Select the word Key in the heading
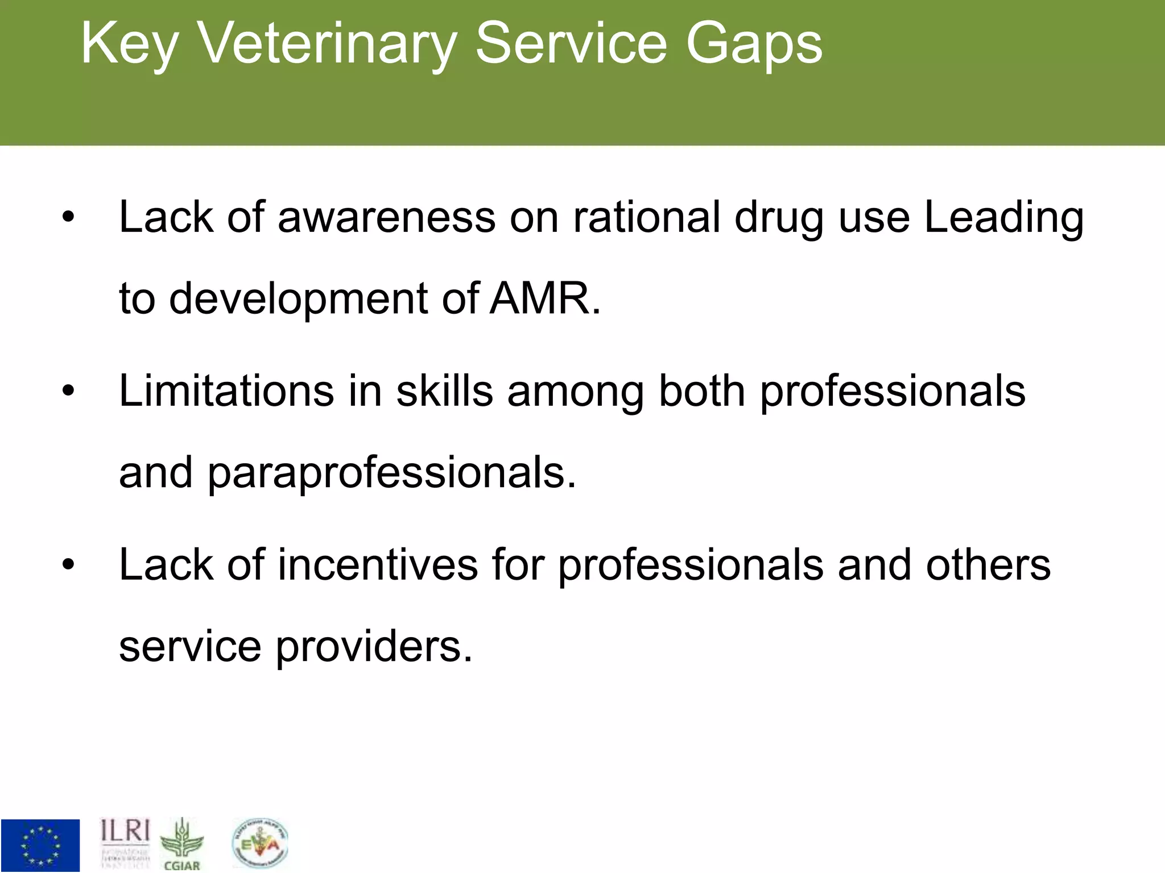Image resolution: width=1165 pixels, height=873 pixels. pyautogui.click(x=130, y=44)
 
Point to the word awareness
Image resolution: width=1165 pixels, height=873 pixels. pyautogui.click(x=386, y=218)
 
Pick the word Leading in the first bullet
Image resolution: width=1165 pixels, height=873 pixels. pyautogui.click(x=1003, y=218)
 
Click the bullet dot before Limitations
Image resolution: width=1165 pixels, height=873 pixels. pyautogui.click(x=68, y=391)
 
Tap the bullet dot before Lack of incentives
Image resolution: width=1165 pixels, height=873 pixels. pyautogui.click(x=68, y=565)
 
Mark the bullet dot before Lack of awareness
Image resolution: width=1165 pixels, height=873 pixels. pyautogui.click(x=68, y=218)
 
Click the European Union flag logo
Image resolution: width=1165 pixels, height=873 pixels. pyautogui.click(x=40, y=845)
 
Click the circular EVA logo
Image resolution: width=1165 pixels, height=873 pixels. pyautogui.click(x=261, y=843)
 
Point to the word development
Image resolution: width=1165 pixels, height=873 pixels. pyautogui.click(x=298, y=300)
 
